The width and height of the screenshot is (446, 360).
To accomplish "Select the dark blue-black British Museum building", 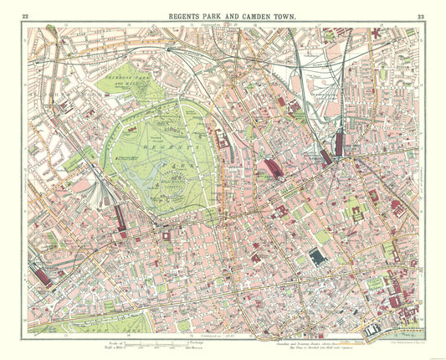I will tap(319, 257).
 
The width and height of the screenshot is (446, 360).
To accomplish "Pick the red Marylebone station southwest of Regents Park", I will tap(120, 218).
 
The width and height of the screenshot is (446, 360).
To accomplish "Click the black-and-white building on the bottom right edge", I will tap(373, 330).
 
